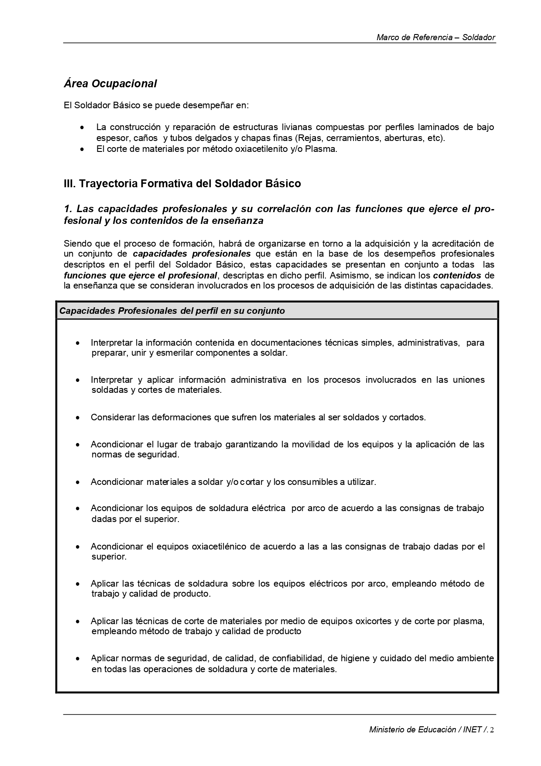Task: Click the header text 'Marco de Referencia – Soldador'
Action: (435, 38)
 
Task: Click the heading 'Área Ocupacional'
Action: (110, 83)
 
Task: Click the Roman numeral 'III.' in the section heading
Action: (70, 184)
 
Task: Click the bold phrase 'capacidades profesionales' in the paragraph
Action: (192, 254)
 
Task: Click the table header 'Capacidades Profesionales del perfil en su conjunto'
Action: (172, 311)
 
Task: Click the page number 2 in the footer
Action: (492, 729)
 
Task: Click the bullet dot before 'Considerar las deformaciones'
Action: (78, 418)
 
